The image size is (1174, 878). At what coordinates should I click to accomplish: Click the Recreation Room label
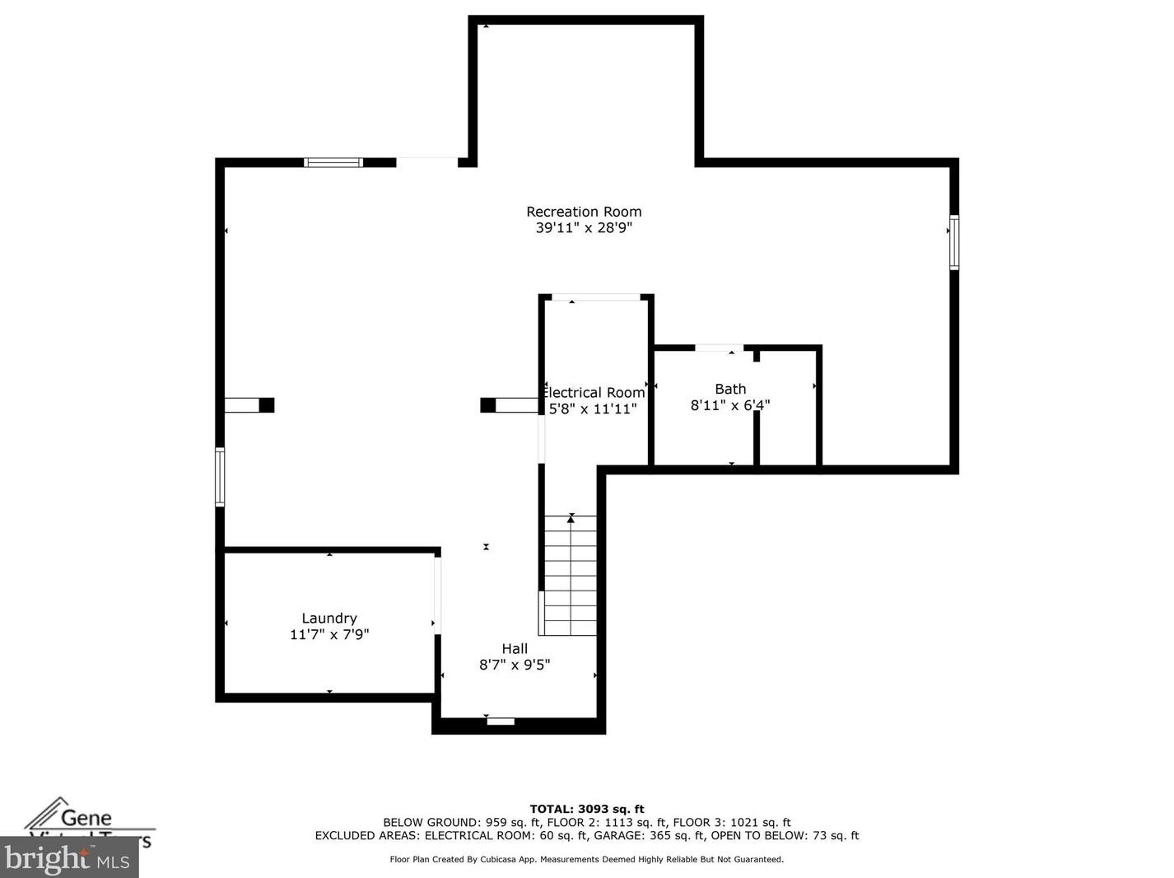[584, 212]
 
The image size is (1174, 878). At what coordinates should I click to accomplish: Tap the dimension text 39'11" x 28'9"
[584, 228]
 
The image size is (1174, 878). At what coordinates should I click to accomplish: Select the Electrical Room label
[594, 393]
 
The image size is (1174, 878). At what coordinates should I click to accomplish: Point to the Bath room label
[730, 389]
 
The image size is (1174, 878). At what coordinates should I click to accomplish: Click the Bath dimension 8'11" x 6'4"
[730, 405]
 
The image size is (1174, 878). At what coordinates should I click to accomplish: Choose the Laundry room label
[329, 619]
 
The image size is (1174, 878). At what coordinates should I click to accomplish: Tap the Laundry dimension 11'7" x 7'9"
[329, 635]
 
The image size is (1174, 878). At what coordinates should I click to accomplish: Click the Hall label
[515, 649]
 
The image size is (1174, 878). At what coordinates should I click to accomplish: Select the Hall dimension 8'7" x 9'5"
[515, 665]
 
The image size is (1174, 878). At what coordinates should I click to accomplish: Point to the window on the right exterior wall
[954, 242]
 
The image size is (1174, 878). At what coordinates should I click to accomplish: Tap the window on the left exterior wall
[220, 476]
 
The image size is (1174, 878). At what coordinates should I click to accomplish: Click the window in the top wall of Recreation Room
[333, 162]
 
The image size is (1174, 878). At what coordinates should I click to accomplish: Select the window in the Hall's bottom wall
[501, 722]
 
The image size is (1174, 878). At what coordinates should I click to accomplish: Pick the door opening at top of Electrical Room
[595, 297]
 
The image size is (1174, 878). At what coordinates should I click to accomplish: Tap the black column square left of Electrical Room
[488, 405]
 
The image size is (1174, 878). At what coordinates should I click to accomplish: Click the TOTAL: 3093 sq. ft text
[586, 809]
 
